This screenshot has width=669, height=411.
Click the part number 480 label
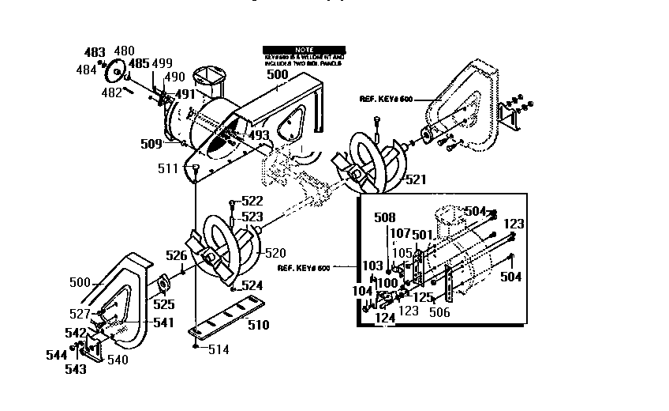[x=125, y=51]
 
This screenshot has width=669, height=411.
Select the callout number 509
[x=151, y=144]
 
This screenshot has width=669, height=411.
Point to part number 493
[x=259, y=135]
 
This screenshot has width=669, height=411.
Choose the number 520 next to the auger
[x=275, y=253]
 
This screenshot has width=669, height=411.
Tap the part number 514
[x=219, y=349]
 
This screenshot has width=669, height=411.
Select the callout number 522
[x=252, y=201]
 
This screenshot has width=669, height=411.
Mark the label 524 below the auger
[x=252, y=285]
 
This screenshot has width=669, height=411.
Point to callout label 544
[x=55, y=355]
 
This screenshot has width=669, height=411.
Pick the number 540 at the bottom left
[x=118, y=360]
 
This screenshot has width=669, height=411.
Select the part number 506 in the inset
[x=439, y=312]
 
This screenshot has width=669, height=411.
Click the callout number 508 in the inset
[x=384, y=217]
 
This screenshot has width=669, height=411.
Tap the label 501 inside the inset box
[x=423, y=235]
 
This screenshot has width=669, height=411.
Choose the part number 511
[x=167, y=168]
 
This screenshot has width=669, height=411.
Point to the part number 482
[x=111, y=92]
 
